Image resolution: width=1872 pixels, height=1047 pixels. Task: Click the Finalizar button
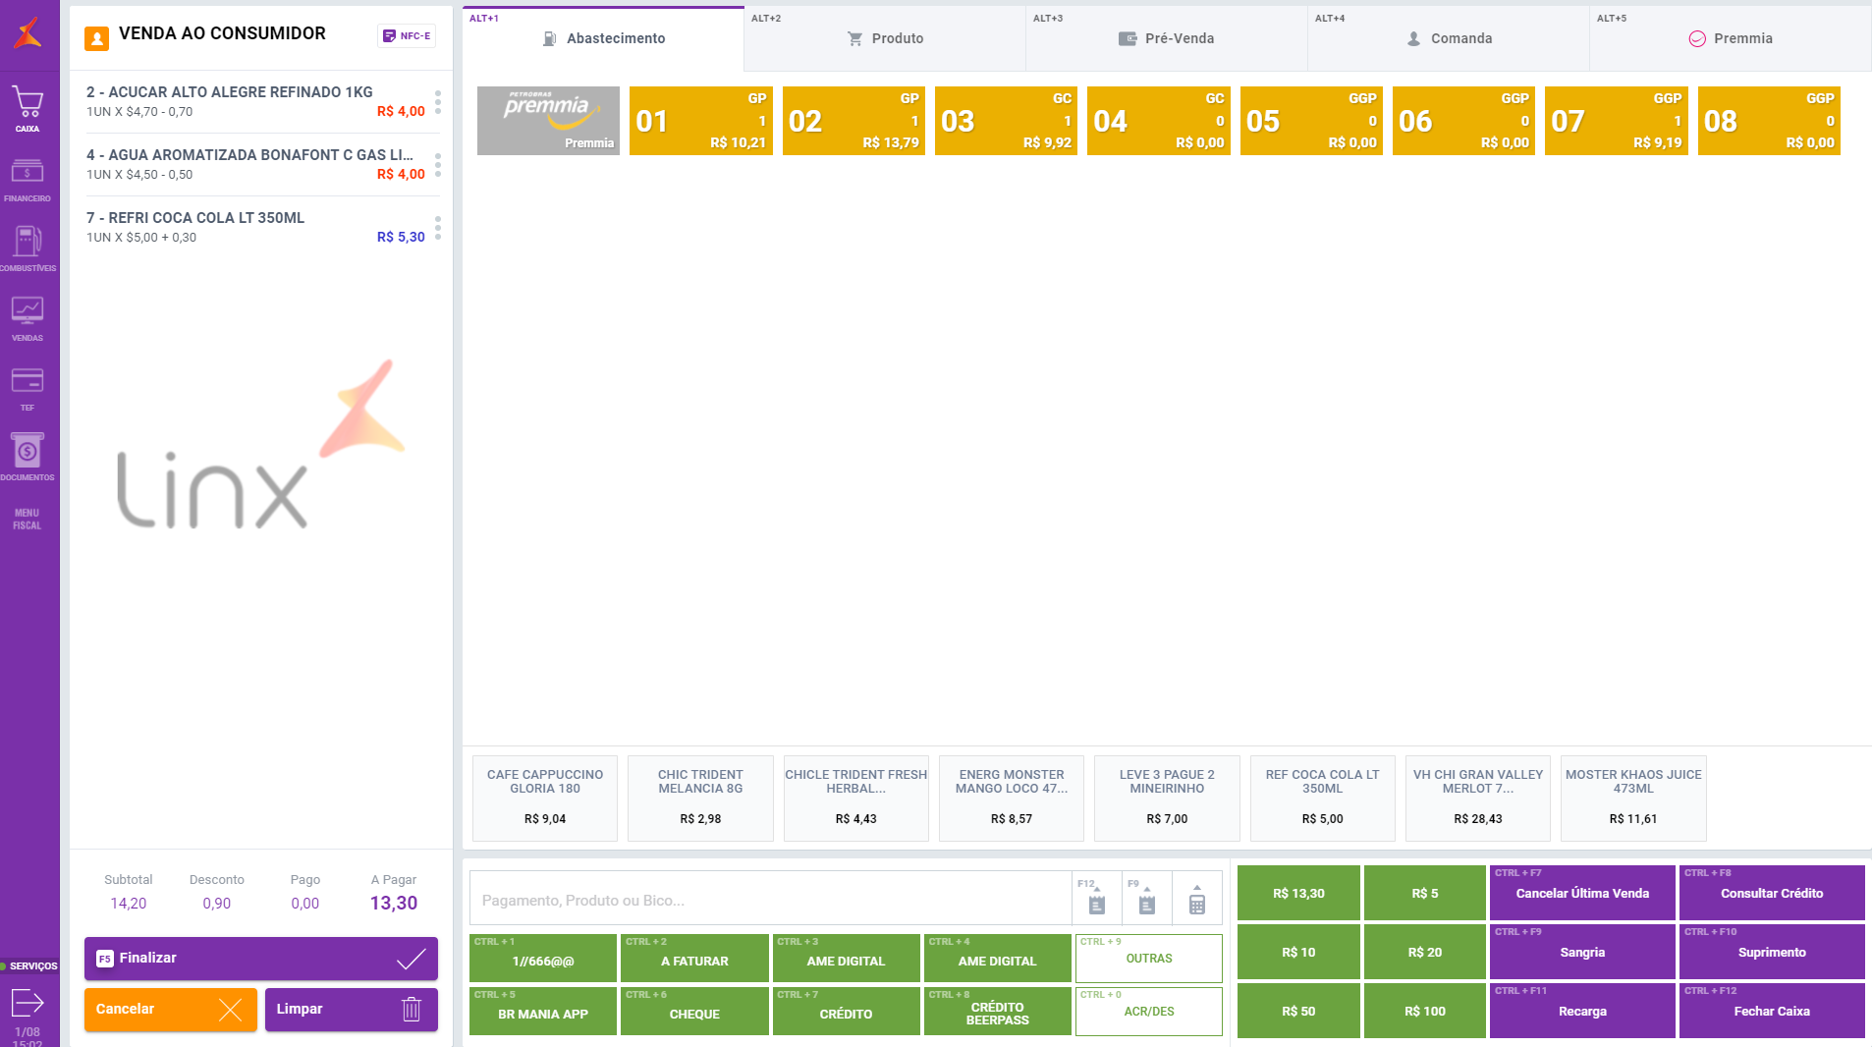point(260,958)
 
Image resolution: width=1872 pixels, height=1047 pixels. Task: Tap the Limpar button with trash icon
point(351,1009)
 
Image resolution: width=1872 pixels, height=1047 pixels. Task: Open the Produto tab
point(885,38)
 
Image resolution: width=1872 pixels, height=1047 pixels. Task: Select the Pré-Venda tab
point(1167,38)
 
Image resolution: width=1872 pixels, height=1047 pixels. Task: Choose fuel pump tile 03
point(1005,121)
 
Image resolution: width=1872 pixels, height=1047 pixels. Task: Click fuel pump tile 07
point(1616,121)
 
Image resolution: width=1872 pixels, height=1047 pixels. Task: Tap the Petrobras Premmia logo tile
point(548,121)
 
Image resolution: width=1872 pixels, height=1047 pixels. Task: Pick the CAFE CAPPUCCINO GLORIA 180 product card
point(545,798)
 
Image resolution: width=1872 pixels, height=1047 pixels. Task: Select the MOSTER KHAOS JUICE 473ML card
point(1633,798)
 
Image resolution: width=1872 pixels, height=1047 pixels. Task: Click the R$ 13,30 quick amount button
point(1298,893)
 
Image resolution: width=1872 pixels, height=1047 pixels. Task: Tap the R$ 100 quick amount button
point(1424,1011)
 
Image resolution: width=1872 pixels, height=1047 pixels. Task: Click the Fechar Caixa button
point(1771,1011)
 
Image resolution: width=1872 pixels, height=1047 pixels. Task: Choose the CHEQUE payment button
point(694,1012)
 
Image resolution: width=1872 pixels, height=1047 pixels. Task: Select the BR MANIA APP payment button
point(543,1012)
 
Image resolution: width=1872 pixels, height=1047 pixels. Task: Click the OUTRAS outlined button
point(1148,958)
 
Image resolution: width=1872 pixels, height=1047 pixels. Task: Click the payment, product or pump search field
point(771,900)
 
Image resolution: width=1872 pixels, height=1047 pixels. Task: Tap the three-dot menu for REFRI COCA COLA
point(438,228)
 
